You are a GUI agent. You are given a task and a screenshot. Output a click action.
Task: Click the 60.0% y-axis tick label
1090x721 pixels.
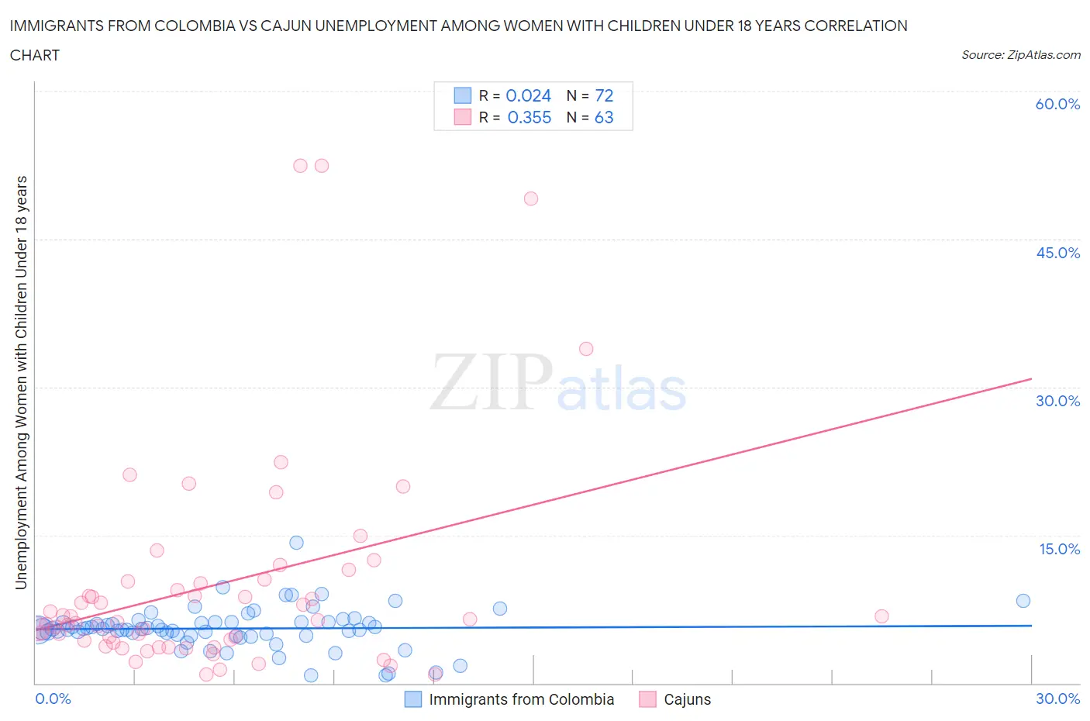[1057, 104]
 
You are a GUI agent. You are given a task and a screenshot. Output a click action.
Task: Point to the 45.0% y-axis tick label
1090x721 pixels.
[1057, 253]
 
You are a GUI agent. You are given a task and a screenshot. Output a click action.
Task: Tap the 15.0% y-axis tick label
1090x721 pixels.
[1059, 549]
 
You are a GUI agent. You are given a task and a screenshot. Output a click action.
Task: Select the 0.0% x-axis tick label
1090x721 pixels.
[53, 699]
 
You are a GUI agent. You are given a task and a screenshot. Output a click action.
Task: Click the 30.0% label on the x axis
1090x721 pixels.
[1057, 699]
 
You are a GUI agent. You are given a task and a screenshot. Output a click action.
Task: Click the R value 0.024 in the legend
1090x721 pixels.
[528, 95]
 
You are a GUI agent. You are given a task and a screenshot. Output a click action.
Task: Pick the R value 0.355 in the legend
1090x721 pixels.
[529, 117]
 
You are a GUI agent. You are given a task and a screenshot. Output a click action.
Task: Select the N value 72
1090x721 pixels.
[604, 95]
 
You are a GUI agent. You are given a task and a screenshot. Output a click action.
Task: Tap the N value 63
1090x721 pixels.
[604, 117]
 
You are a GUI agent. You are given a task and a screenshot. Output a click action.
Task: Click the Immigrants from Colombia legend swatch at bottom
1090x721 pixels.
[413, 699]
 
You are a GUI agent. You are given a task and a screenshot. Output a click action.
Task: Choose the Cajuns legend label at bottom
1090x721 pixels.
[687, 699]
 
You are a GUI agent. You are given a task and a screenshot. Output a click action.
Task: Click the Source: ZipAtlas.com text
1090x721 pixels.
[1020, 54]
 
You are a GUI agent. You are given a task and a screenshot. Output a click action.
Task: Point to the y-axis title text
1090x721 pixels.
[21, 382]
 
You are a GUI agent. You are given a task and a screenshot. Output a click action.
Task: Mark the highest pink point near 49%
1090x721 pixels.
[531, 198]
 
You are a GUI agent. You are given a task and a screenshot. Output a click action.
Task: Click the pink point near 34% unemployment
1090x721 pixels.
[586, 349]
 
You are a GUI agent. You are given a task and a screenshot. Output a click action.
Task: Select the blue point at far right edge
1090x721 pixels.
[1023, 601]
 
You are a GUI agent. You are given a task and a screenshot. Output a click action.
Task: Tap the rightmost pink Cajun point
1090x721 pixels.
[881, 616]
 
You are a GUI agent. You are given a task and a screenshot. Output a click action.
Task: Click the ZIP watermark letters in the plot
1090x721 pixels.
[492, 381]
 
